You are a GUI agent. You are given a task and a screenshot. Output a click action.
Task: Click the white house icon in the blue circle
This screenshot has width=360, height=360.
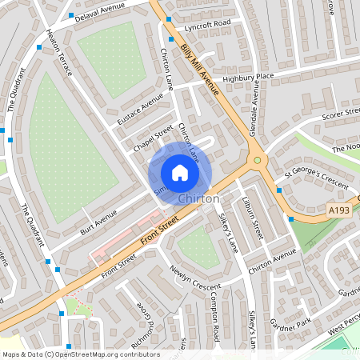pos(180,172)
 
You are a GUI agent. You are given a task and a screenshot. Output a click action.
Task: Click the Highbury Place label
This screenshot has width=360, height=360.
pos(248,77)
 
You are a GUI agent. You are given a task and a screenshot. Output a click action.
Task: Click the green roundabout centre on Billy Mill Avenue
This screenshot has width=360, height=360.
pos(258,160)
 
